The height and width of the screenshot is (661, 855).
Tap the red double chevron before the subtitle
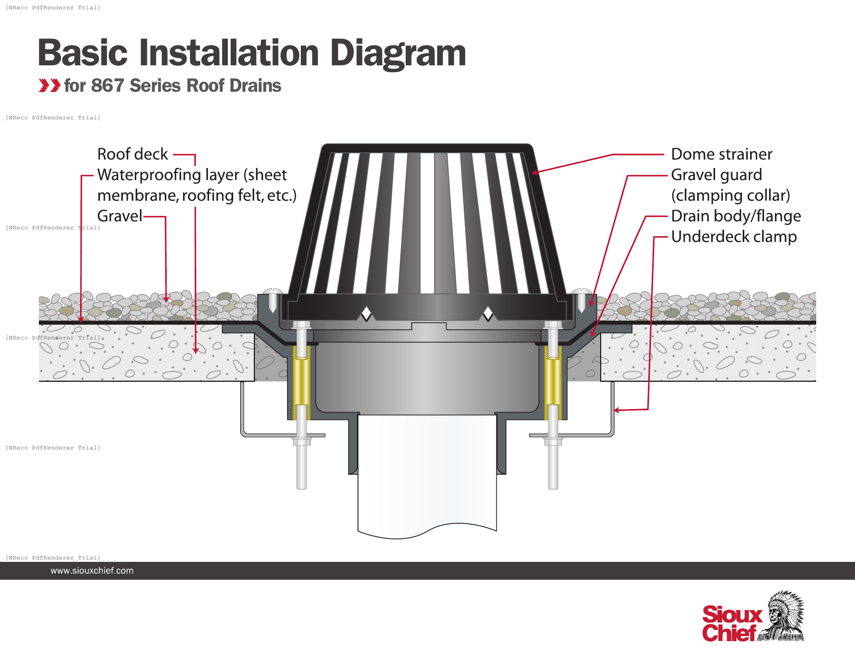(50, 86)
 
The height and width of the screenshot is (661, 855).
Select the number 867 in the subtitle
(107, 86)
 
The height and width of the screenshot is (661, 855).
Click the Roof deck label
(132, 154)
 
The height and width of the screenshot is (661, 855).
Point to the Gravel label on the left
(119, 216)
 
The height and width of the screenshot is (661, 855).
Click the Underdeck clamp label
(734, 237)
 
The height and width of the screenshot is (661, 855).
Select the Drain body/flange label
(736, 216)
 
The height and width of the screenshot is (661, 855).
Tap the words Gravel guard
(716, 175)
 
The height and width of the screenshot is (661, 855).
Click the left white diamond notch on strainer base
(366, 313)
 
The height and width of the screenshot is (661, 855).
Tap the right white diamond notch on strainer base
(488, 313)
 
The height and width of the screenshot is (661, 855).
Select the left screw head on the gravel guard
(272, 292)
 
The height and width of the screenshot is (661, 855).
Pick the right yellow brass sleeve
(553, 382)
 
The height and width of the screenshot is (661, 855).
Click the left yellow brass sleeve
(302, 382)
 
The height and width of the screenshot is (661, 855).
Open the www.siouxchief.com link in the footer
(92, 571)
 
